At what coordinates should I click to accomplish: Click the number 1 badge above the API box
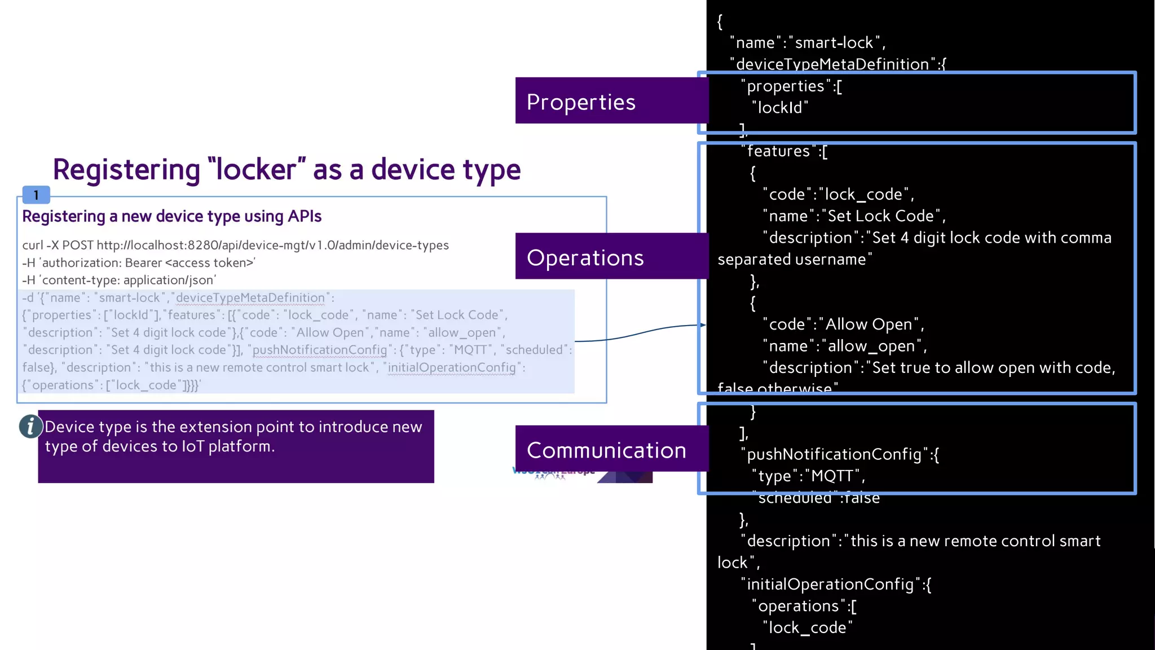coord(36,195)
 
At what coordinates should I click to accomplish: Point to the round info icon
coord(30,427)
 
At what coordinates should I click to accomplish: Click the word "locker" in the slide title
coord(257,169)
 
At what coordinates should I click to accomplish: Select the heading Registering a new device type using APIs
coord(171,216)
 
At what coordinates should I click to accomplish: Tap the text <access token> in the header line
coord(209,263)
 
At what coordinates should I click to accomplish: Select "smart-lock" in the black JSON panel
coord(834,43)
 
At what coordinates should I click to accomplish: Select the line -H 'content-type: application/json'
coord(119,280)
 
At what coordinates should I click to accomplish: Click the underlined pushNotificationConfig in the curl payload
coord(320,350)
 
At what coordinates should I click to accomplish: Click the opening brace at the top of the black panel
coord(720,21)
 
